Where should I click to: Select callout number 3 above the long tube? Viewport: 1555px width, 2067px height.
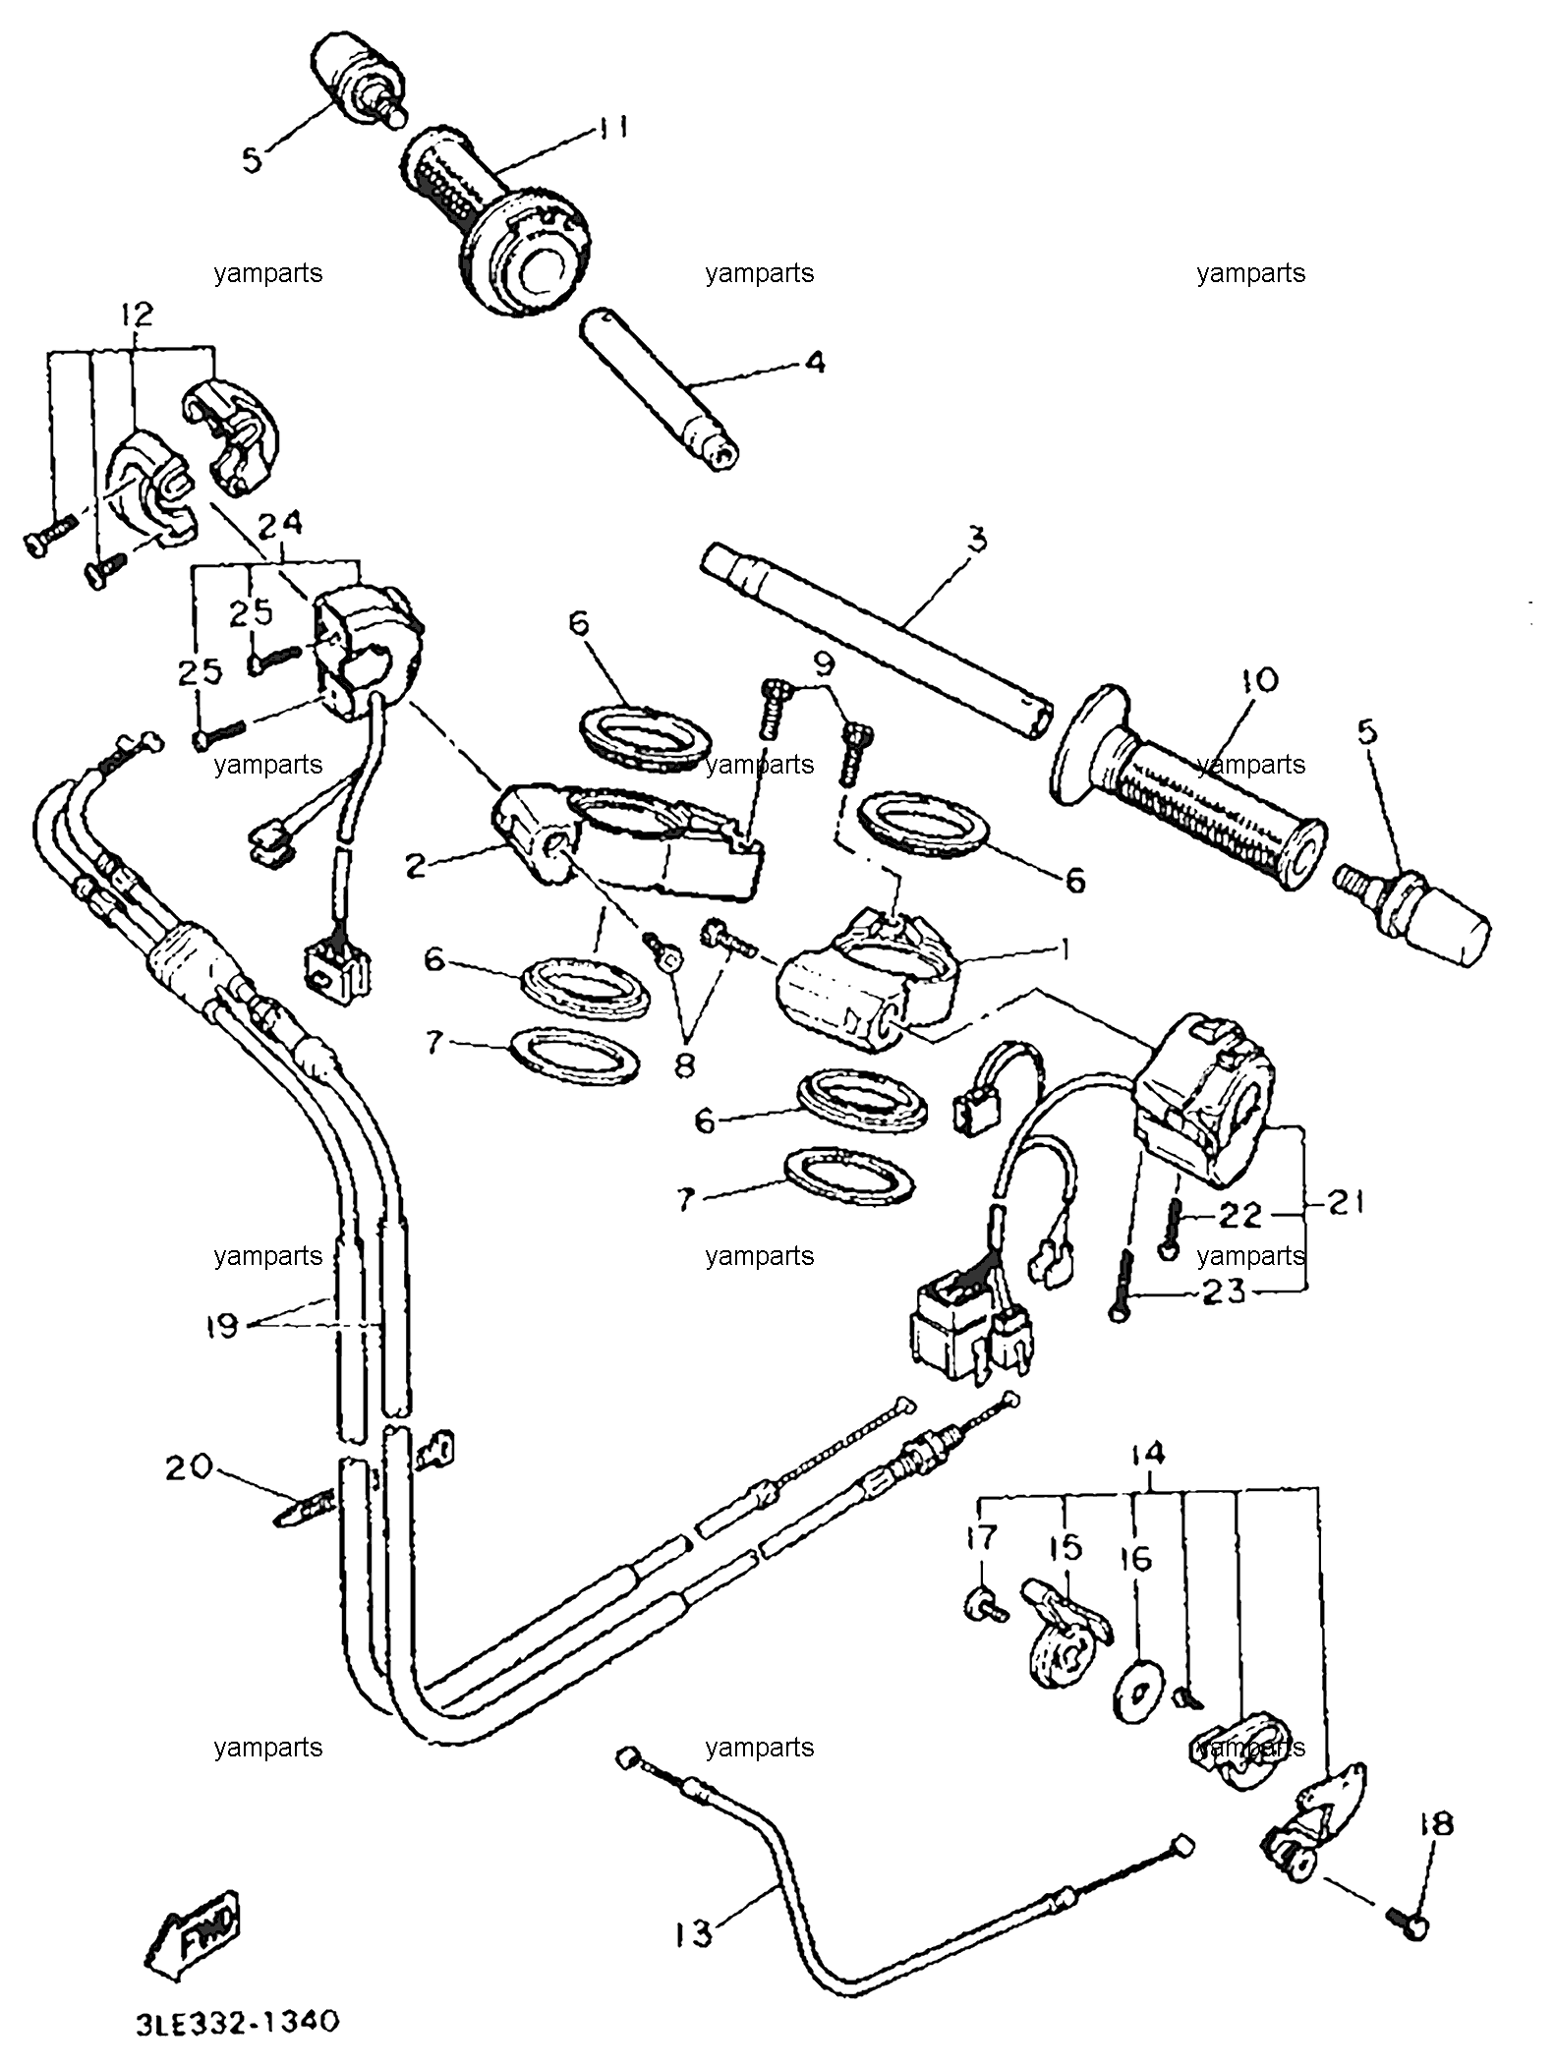coord(976,540)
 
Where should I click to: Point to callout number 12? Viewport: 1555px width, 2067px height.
coord(138,315)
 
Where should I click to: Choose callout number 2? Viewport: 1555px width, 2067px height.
coord(416,865)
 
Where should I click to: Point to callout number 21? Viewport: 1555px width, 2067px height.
coord(1347,1202)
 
